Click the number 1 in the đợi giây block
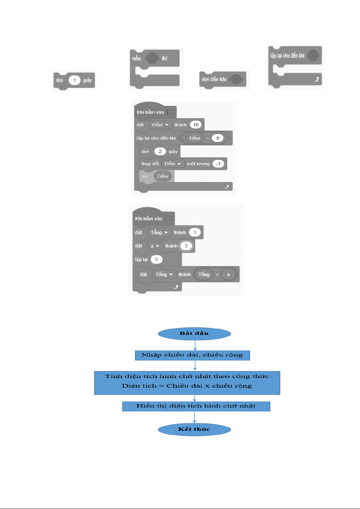[74, 80]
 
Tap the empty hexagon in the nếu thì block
[152, 58]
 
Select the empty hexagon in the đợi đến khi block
[236, 79]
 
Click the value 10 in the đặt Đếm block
[196, 125]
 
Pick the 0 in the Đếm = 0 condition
[217, 138]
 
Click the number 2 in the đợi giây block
[160, 152]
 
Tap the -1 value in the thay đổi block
[218, 164]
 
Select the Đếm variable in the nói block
[163, 176]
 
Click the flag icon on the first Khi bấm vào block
[170, 112]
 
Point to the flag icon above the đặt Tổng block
[169, 218]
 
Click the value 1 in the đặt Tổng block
[195, 232]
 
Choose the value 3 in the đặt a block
[186, 246]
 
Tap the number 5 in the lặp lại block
[156, 259]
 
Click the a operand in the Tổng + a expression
[228, 274]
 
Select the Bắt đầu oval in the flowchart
[194, 334]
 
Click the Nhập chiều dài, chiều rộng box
[192, 355]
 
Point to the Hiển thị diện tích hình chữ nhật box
[196, 406]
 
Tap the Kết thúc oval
[194, 430]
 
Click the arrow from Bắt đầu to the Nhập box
[195, 345]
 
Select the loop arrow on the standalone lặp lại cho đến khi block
[317, 79]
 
